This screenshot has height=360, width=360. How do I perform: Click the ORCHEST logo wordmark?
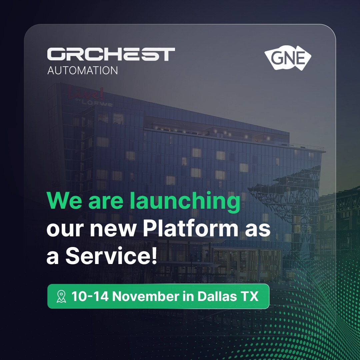pyautogui.click(x=111, y=54)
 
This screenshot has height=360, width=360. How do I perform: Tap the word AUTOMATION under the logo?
pyautogui.click(x=82, y=71)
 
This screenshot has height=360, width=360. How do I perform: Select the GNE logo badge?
pyautogui.click(x=288, y=59)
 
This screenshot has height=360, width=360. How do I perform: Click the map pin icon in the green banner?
pyautogui.click(x=61, y=296)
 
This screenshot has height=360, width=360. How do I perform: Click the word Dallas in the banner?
pyautogui.click(x=215, y=296)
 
